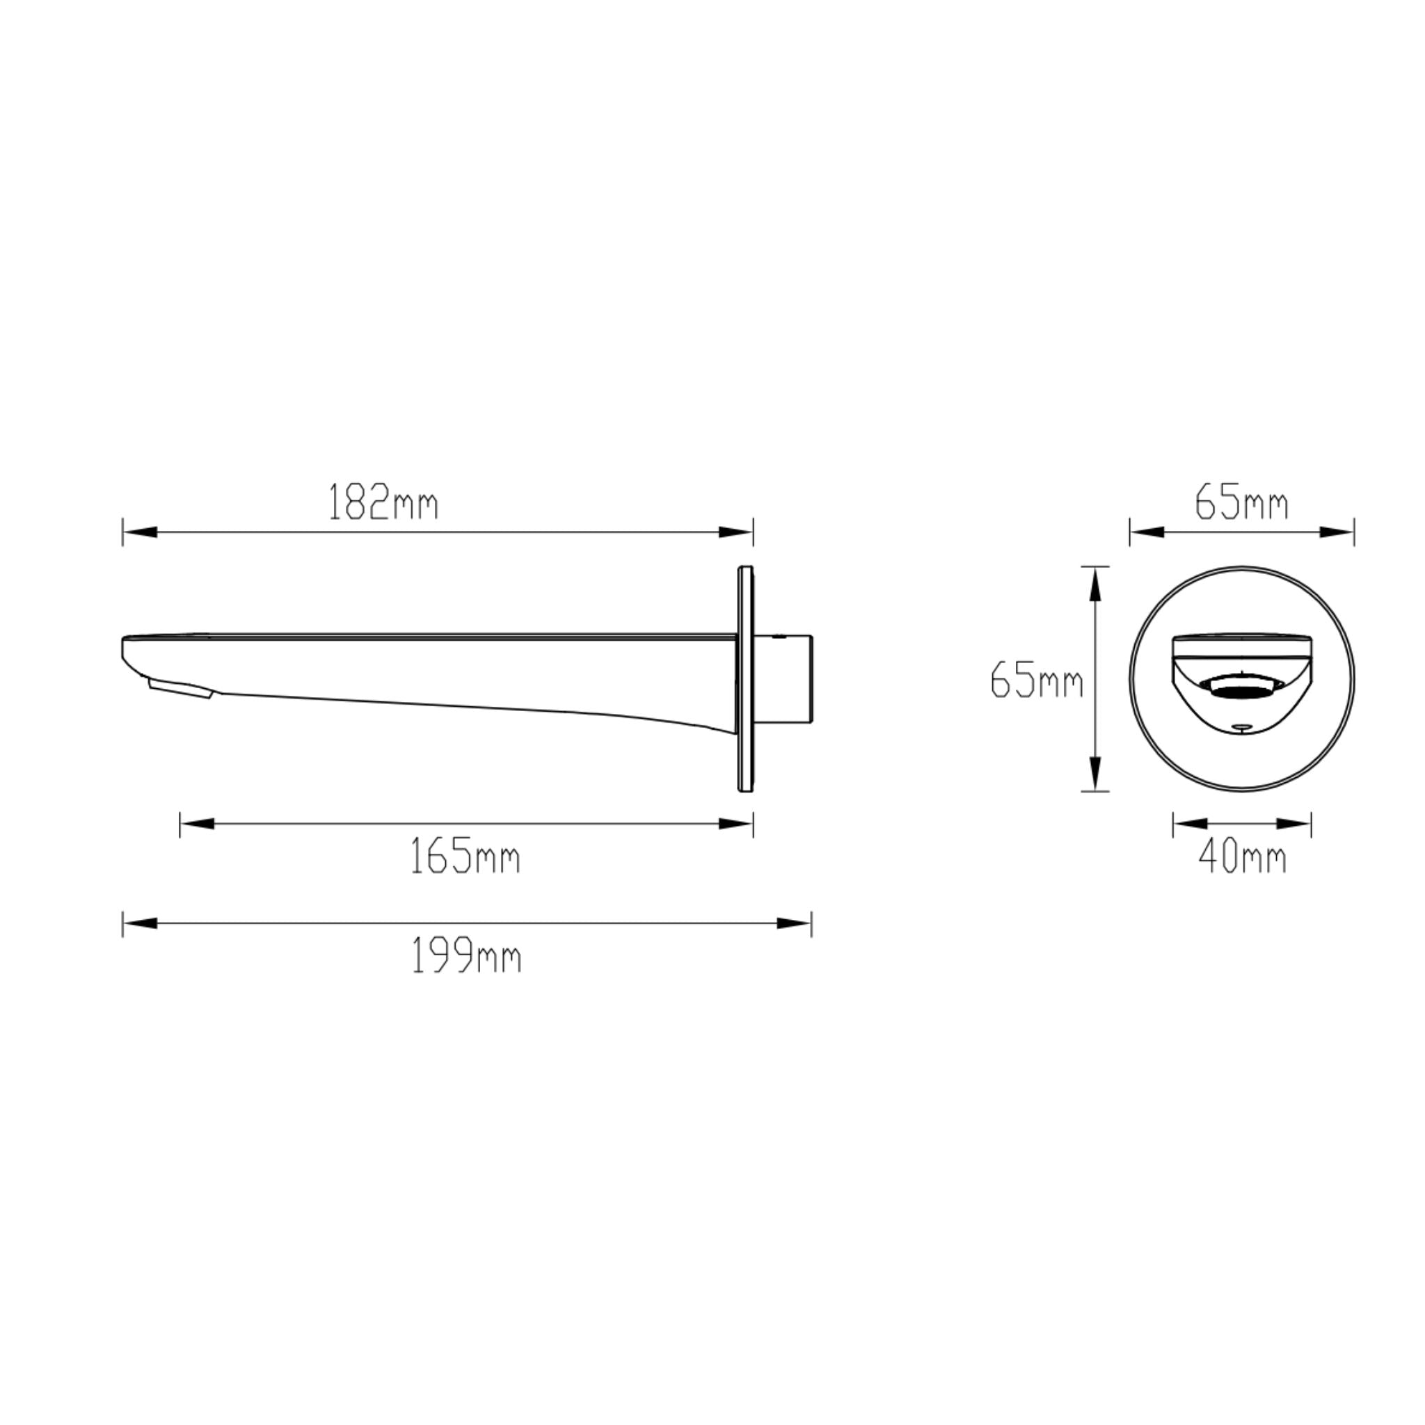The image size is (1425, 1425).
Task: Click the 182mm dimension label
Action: (383, 502)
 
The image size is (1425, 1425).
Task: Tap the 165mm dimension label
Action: (465, 857)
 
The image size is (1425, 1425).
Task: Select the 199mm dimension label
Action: (466, 957)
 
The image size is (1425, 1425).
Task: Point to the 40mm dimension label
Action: (1242, 857)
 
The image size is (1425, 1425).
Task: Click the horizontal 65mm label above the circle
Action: (1241, 502)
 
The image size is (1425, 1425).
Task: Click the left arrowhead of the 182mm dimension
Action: (140, 532)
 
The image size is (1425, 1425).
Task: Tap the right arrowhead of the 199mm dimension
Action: (795, 923)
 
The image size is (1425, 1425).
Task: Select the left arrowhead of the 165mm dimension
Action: (197, 823)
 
